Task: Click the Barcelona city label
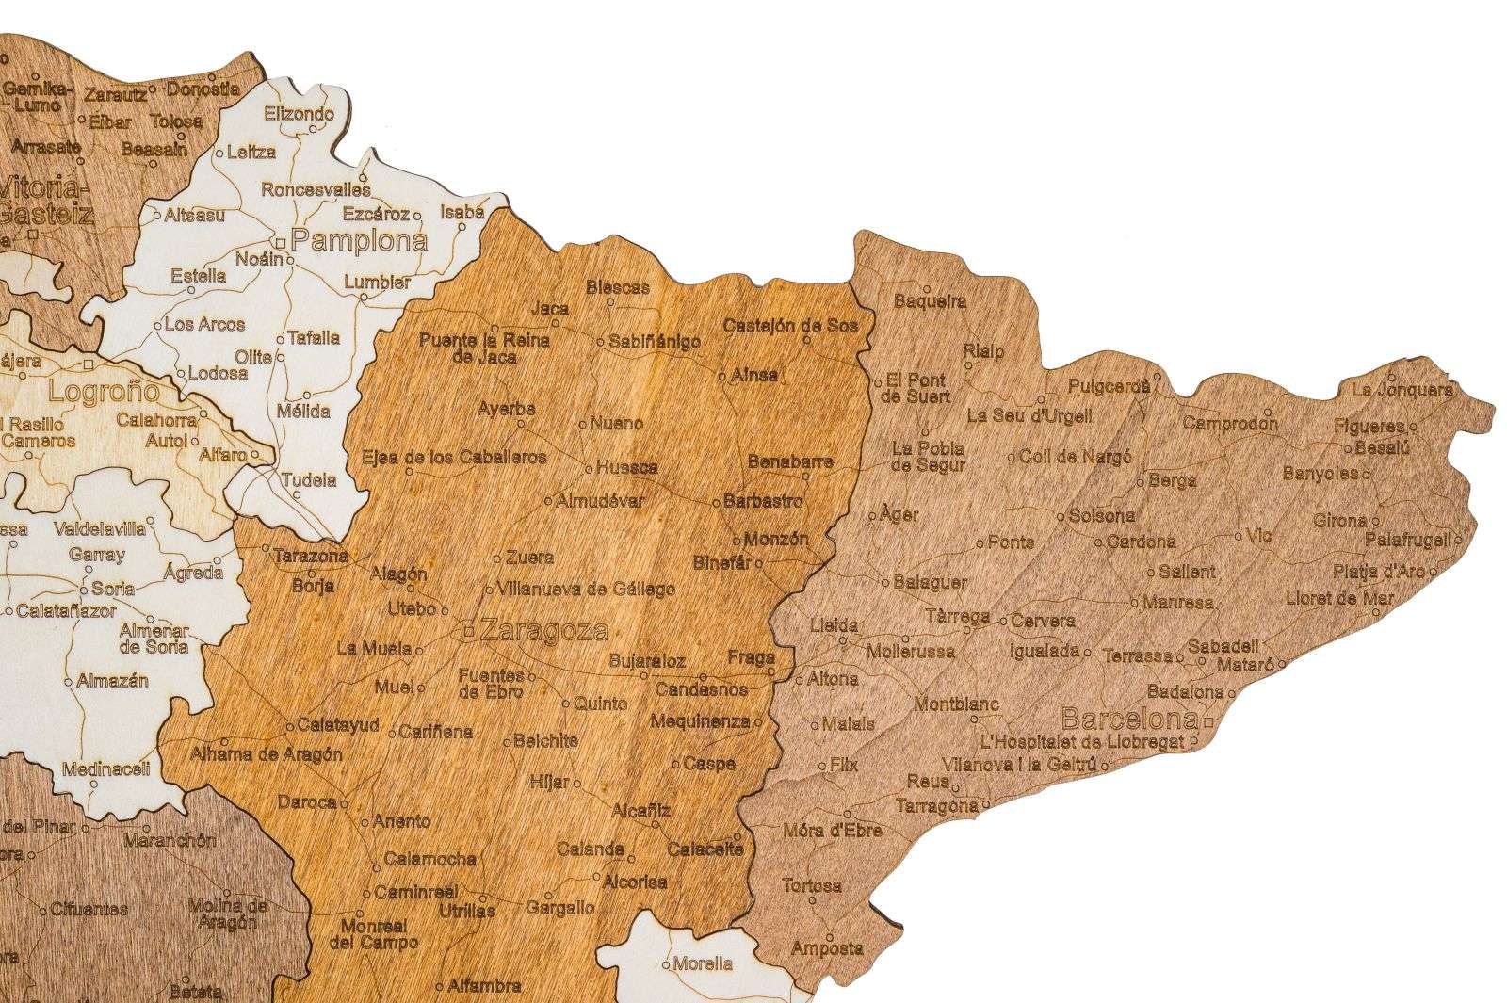(1129, 720)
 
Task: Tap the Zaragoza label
(543, 630)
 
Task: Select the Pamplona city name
(359, 240)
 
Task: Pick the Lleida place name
(834, 625)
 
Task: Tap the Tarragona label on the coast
(936, 806)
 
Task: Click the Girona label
(1338, 520)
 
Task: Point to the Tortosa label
(811, 885)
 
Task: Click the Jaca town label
(550, 308)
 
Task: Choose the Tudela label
(307, 479)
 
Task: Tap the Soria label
(112, 590)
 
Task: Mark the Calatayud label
(337, 725)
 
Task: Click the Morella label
(703, 963)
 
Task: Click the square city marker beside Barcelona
(1207, 722)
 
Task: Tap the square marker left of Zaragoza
(469, 631)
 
